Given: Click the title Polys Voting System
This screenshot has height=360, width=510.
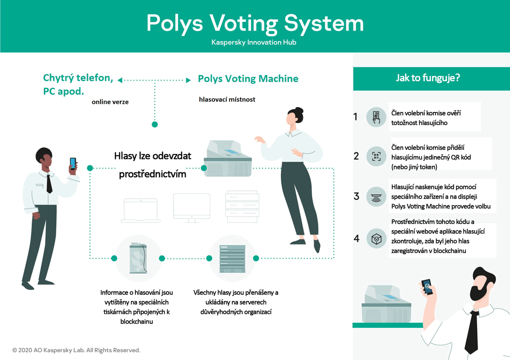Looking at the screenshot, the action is (x=255, y=24).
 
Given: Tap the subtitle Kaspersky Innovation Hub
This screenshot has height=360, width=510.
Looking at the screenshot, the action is (x=254, y=42).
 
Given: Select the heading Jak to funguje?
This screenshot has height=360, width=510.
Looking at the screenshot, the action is (x=428, y=78).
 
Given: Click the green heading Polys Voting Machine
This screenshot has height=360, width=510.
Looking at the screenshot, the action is (x=248, y=78).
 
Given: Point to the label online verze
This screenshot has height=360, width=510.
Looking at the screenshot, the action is (x=110, y=102).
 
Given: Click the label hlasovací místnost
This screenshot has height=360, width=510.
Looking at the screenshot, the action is (x=227, y=99).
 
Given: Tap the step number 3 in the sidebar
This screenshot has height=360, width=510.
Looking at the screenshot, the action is (x=356, y=196).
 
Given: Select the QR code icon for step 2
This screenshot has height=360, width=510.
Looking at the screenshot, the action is (x=376, y=157).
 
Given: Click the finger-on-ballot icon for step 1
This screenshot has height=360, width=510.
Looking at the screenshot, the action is (x=376, y=117).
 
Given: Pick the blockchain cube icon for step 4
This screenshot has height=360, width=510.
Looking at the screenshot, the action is (x=376, y=239).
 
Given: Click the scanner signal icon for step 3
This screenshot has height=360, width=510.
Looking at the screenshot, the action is (x=376, y=196).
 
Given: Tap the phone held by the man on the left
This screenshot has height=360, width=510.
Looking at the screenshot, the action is (x=73, y=163).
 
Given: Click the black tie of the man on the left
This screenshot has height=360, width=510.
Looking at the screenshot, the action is (x=49, y=184).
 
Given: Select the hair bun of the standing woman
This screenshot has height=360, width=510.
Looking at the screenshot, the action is (x=300, y=111).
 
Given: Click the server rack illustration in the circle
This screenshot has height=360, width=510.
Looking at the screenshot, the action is (x=232, y=259).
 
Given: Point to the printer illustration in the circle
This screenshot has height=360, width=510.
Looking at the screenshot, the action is (x=138, y=258).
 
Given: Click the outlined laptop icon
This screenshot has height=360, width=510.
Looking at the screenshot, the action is (x=141, y=210).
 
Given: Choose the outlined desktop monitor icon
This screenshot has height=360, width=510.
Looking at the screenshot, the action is (x=192, y=208).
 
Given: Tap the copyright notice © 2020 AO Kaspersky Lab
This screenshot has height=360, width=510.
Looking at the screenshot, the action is (x=76, y=350).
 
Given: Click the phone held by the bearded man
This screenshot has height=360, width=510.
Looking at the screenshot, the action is (x=427, y=287).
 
